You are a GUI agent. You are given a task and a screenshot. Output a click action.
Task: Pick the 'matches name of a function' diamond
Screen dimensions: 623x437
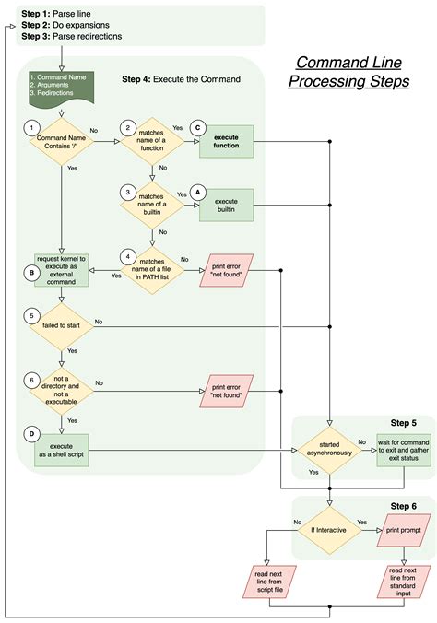(152, 142)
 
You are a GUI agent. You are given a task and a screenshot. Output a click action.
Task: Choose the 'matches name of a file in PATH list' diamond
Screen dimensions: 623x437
(152, 269)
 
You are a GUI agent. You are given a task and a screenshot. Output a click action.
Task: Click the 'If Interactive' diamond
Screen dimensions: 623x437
(329, 533)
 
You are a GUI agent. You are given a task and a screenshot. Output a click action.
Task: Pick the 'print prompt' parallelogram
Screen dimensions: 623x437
(403, 533)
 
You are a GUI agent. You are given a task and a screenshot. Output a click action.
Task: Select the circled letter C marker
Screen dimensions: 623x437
(196, 129)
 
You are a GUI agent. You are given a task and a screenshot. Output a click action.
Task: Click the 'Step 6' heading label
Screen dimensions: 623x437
(403, 506)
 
